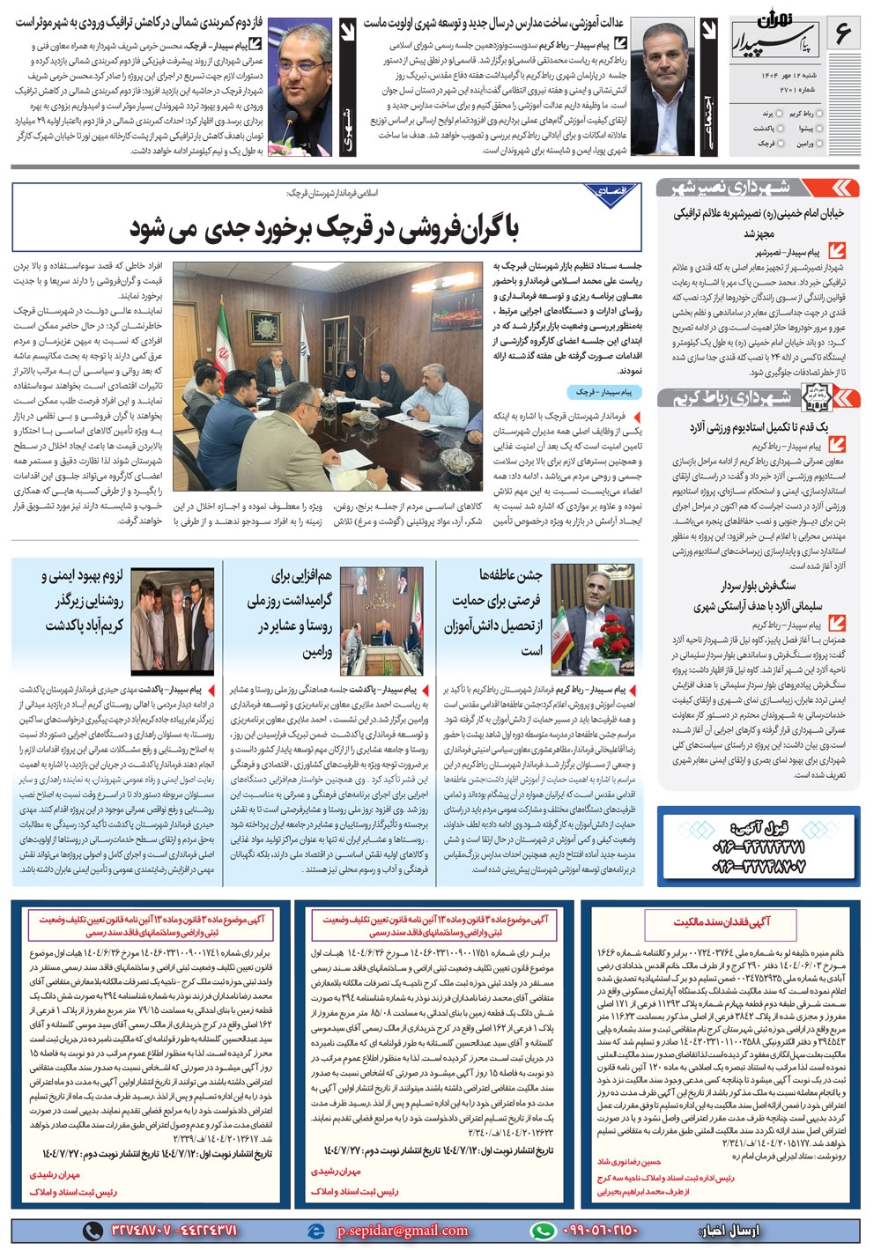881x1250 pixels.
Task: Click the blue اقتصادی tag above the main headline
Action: tap(611, 191)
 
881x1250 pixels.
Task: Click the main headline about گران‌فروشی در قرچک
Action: tap(326, 228)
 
